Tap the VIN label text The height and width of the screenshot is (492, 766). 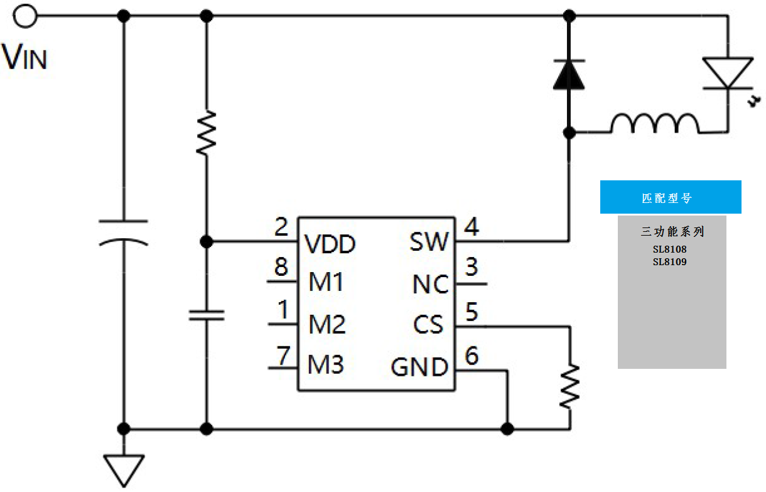(x=25, y=57)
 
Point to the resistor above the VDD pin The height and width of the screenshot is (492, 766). (x=206, y=132)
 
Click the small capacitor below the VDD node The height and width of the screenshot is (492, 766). (x=206, y=314)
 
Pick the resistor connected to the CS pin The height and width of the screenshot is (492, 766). (x=569, y=386)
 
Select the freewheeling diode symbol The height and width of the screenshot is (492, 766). (x=569, y=74)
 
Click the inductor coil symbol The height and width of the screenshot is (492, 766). (x=655, y=124)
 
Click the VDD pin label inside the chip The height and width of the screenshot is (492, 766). (x=330, y=244)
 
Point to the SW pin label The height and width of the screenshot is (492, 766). (x=429, y=242)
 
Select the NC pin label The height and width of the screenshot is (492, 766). (x=431, y=285)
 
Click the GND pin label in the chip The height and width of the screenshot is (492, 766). (x=419, y=367)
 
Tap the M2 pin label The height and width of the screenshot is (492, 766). (x=326, y=325)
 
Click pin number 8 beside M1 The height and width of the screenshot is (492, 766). (x=281, y=268)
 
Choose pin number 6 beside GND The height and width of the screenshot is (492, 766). (x=471, y=356)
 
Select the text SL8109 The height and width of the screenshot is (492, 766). (x=669, y=261)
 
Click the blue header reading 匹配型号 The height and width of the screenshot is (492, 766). (x=671, y=197)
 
